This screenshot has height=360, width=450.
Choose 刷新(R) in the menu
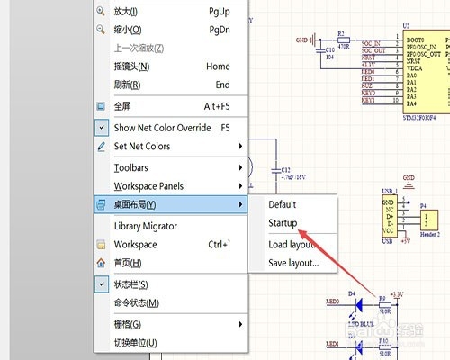click(x=128, y=85)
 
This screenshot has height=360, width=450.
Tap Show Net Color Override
click(x=162, y=128)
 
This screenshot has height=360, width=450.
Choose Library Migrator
click(x=146, y=226)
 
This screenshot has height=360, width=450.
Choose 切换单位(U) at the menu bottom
click(x=136, y=343)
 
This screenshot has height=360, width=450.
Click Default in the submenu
click(x=282, y=205)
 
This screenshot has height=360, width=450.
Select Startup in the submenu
click(x=283, y=223)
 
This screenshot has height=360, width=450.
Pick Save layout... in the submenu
click(x=293, y=263)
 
